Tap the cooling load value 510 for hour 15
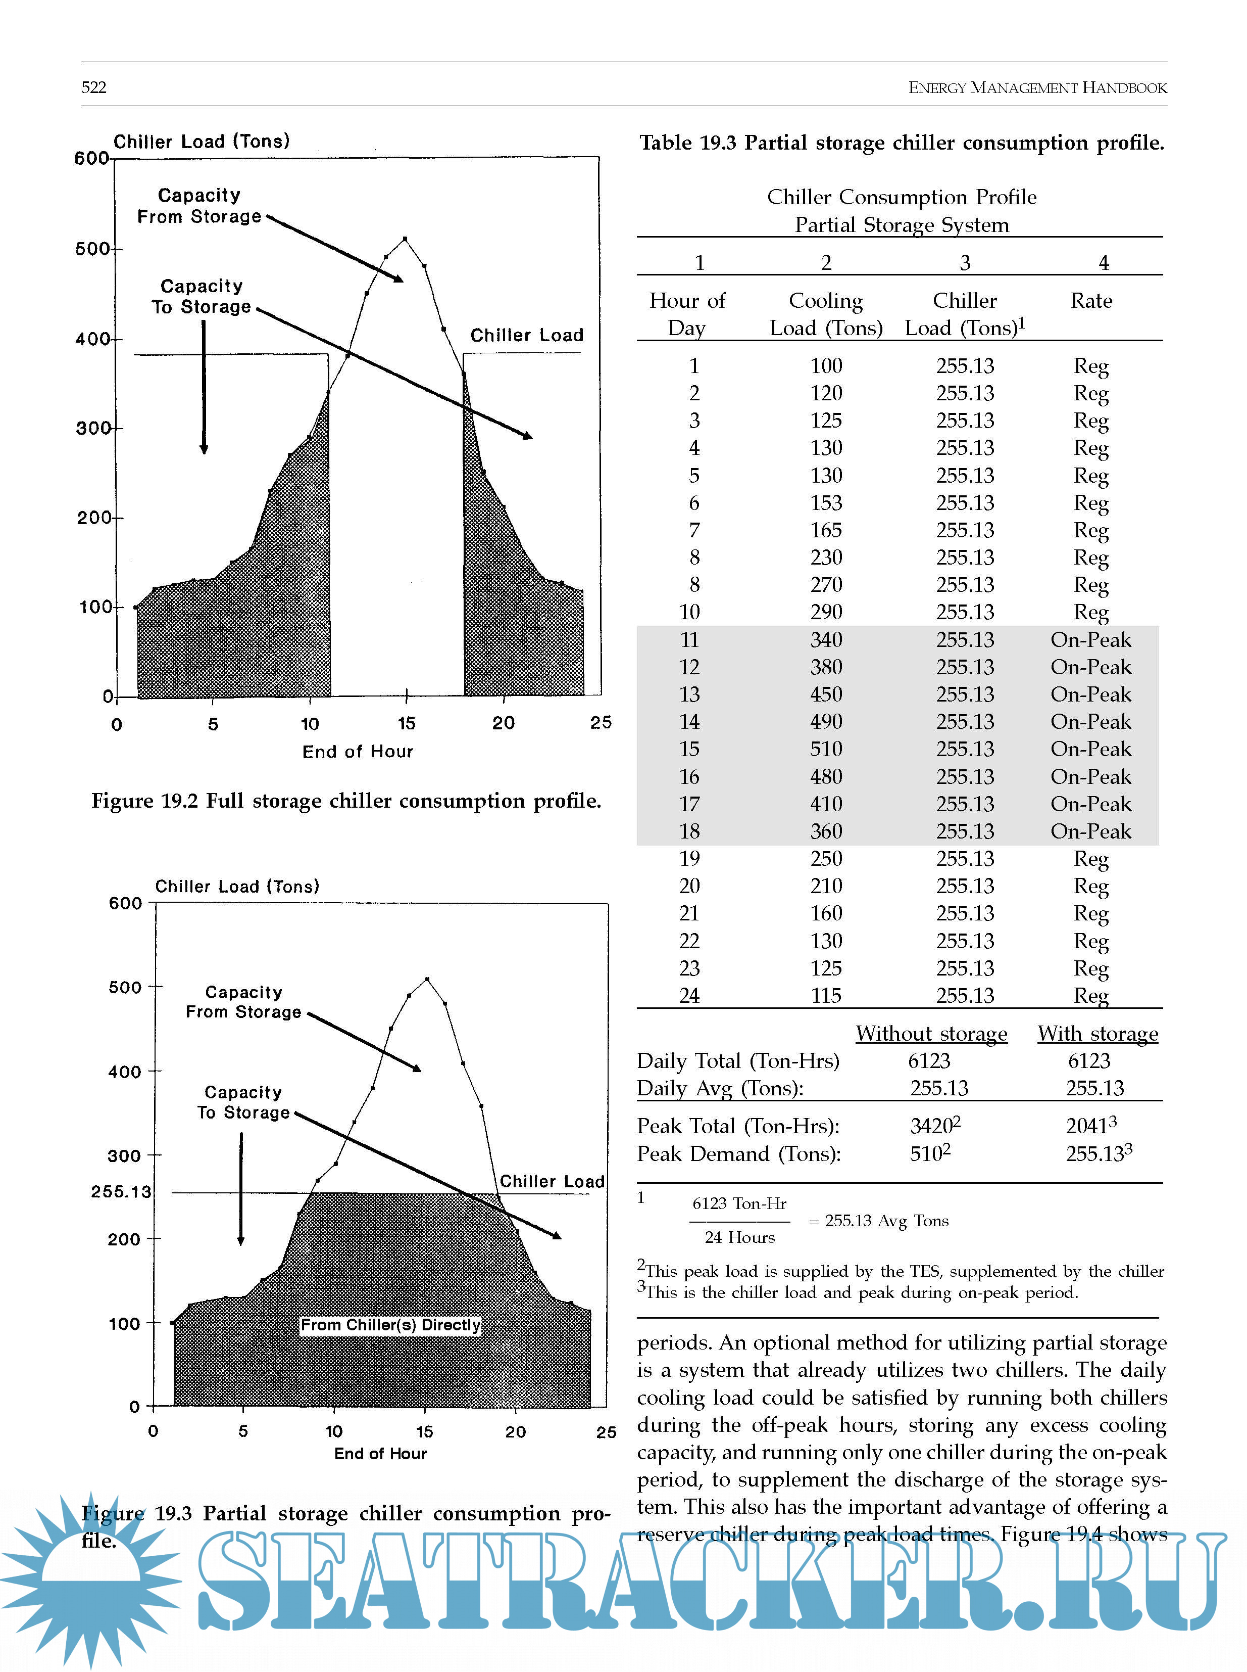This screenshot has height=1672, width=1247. click(826, 749)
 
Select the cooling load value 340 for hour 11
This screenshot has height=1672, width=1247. click(826, 640)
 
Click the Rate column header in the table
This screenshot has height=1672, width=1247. click(1091, 301)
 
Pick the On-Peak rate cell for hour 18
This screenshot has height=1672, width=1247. click(1091, 831)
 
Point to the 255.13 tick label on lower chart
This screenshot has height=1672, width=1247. click(121, 1192)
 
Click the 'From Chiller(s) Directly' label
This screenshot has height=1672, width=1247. click(390, 1325)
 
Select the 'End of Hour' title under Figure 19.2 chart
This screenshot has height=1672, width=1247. click(358, 752)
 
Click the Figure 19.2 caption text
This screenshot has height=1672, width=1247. click(346, 801)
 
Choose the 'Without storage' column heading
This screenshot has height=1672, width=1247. click(931, 1033)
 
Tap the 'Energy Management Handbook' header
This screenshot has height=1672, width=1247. click(1037, 87)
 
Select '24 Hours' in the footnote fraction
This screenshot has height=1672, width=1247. click(740, 1237)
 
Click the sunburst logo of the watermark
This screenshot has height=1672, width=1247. click(90, 1578)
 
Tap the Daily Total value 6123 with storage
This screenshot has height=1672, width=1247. click(1088, 1060)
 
